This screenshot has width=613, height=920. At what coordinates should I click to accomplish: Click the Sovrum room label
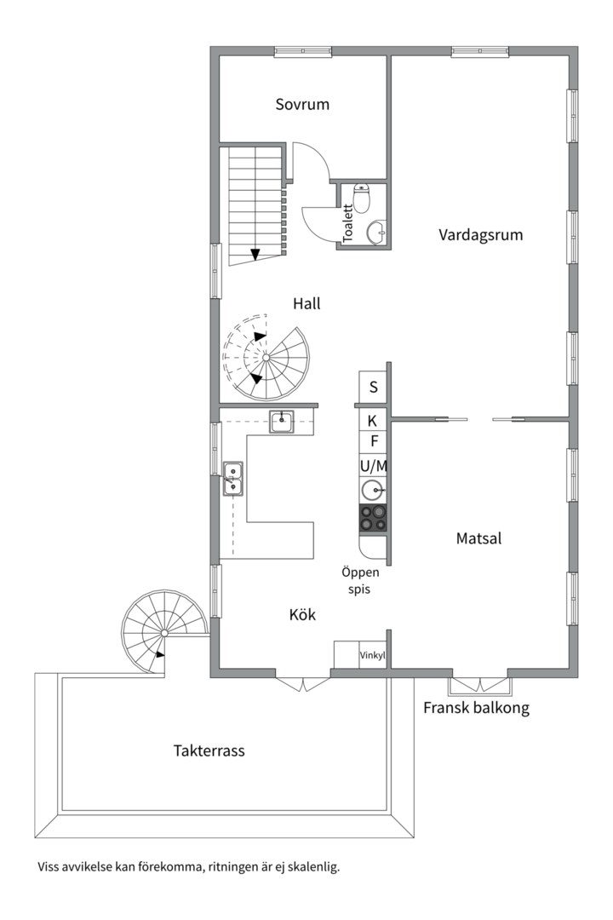pos(302,105)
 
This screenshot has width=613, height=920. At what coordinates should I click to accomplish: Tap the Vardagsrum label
pos(480,234)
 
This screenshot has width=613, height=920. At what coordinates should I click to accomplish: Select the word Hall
pos(306,303)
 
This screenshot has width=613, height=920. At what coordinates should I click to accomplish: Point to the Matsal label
pos(478,538)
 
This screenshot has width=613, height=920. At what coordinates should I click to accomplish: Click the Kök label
pos(302,613)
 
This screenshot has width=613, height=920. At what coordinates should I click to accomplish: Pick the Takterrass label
pos(209,751)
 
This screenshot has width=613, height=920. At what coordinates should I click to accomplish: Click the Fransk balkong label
pos(476,708)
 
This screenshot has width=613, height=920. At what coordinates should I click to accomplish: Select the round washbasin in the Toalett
pos(375,231)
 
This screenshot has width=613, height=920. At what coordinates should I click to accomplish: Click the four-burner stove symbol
pos(373,517)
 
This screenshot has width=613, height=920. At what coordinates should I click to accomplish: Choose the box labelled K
pos(372,420)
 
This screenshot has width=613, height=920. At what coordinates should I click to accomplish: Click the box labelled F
pos(373,441)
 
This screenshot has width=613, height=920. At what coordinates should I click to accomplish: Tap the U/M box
pos(373,466)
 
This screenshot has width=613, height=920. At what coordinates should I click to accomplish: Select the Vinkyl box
pos(373,656)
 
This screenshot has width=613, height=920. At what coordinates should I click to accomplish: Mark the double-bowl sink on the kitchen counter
pos(232,478)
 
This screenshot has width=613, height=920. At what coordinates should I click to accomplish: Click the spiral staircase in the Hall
pos(265,358)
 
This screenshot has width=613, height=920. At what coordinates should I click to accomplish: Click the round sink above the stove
pos(372,491)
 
